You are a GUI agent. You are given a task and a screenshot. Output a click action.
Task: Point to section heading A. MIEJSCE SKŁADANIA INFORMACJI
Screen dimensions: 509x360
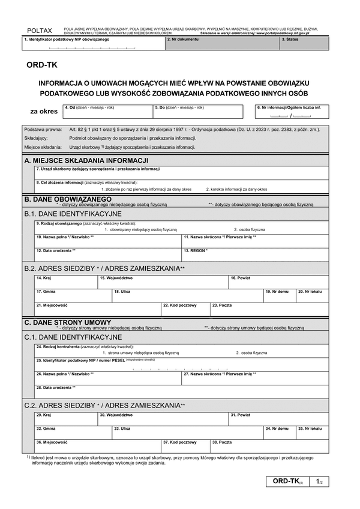coord(86,161)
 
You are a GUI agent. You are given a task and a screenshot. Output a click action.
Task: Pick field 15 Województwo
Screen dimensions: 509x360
coord(163,282)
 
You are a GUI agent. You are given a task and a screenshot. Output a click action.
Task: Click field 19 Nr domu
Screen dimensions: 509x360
coord(280,296)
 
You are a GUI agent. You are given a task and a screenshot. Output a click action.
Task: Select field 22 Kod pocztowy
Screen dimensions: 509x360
coord(185,310)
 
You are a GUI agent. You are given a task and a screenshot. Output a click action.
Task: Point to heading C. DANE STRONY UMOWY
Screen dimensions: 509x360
coord(67,322)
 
